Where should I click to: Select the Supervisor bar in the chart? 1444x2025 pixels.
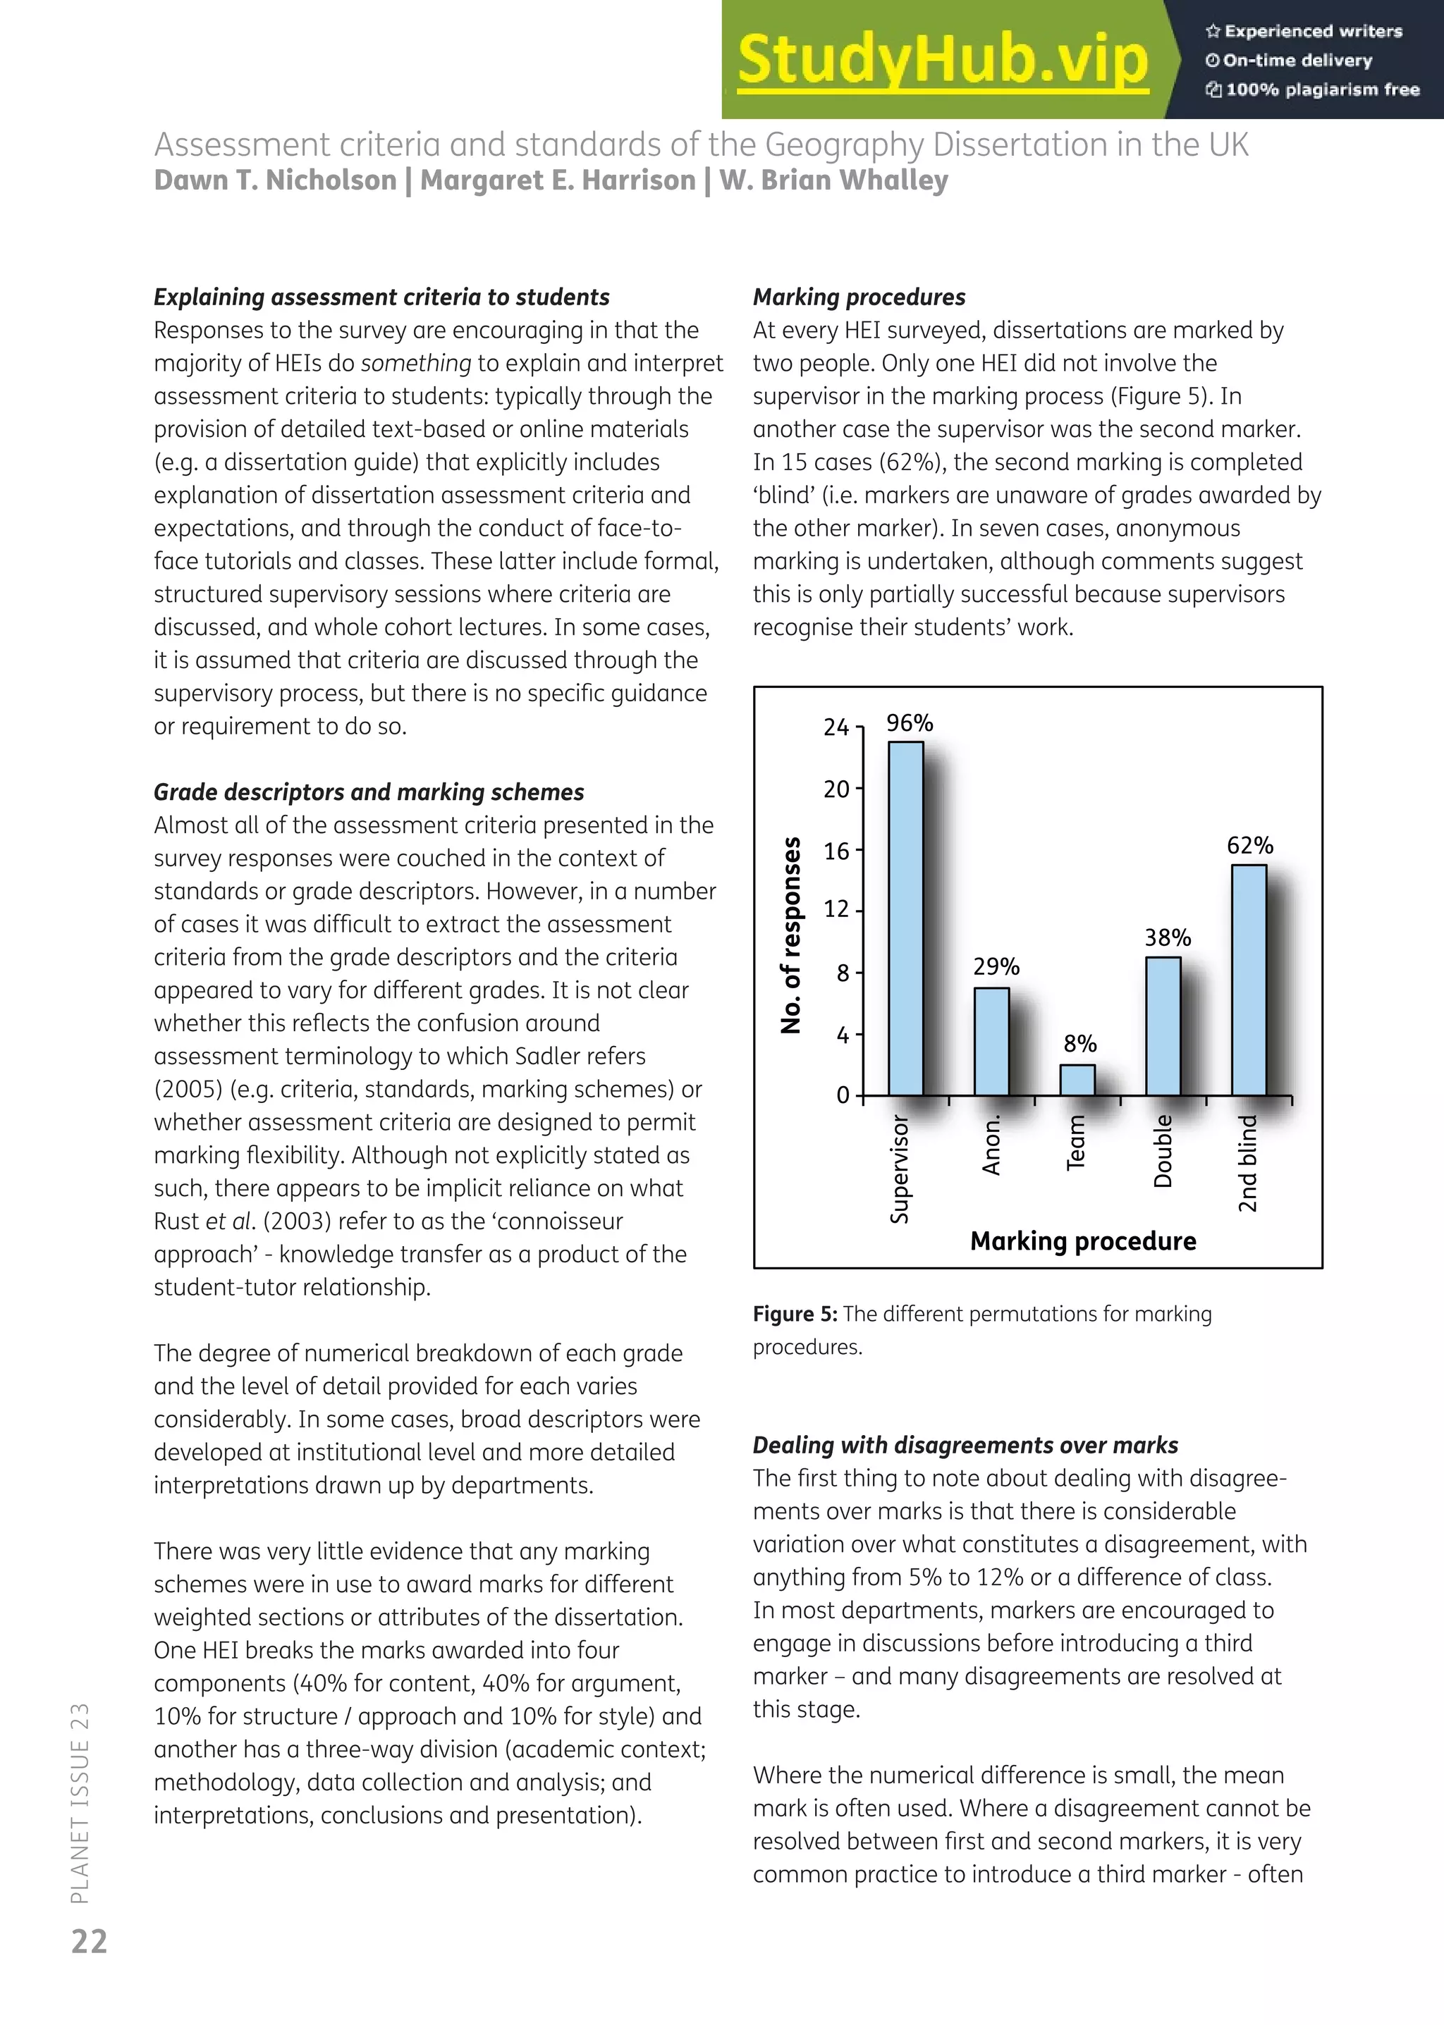point(906,918)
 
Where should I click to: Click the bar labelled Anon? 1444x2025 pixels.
point(991,1041)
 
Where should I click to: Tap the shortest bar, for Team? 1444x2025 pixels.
point(1077,1079)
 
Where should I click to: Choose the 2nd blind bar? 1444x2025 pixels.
point(1249,980)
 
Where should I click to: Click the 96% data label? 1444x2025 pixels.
point(910,722)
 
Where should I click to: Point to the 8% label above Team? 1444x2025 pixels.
point(1080,1044)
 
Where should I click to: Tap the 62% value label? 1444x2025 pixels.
point(1250,845)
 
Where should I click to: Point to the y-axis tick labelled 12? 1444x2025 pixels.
point(837,910)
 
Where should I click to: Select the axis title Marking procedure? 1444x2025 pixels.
point(1082,1241)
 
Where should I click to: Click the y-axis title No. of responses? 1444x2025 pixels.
point(790,935)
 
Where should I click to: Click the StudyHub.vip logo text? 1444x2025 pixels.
point(943,59)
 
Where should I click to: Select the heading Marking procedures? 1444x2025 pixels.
point(858,297)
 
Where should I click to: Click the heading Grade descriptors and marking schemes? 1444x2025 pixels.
point(369,792)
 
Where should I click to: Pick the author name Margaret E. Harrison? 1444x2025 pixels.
point(558,180)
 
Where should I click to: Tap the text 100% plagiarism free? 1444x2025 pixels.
point(1321,90)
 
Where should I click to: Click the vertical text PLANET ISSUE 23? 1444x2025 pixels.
point(80,1804)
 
